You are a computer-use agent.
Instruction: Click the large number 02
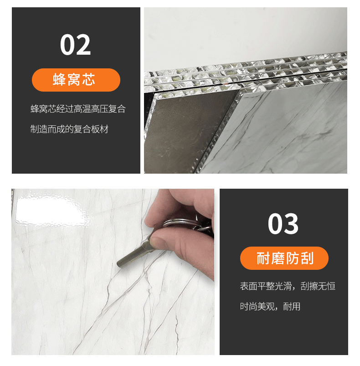tap(75, 45)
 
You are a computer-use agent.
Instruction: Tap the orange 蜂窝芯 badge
tap(76, 80)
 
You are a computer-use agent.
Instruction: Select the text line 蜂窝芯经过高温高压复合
tap(78, 109)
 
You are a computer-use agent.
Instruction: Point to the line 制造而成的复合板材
tap(69, 129)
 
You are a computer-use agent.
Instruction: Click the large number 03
tap(283, 224)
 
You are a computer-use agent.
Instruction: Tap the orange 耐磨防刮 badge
tap(284, 258)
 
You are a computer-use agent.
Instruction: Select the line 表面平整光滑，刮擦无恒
tap(288, 286)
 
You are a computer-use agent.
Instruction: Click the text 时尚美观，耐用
tap(270, 306)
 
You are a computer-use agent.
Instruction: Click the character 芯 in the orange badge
tap(89, 80)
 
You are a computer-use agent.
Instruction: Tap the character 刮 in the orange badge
tap(307, 258)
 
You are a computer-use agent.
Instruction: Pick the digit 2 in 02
tap(83, 45)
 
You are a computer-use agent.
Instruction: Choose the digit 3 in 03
tap(291, 224)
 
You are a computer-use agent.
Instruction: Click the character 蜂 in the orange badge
tap(60, 80)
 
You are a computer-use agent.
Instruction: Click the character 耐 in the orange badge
tap(263, 258)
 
